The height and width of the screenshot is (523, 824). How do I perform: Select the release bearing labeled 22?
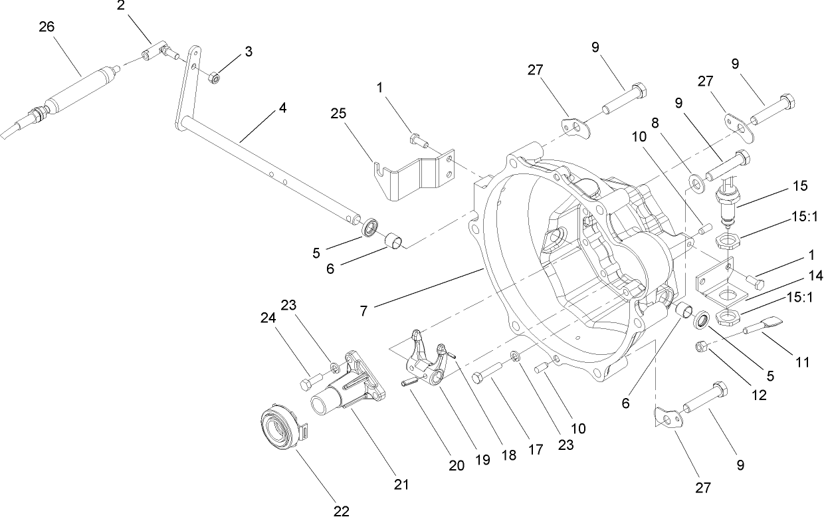click(x=280, y=423)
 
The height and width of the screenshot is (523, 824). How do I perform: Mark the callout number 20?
click(x=457, y=465)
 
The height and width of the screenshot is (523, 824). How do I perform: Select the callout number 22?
click(x=341, y=510)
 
